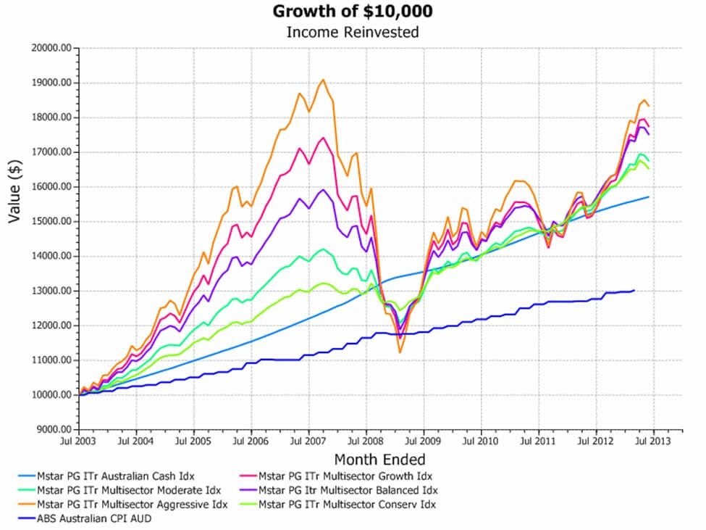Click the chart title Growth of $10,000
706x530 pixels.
coord(353,12)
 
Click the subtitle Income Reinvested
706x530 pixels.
coord(353,32)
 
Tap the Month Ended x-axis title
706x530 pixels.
coord(379,460)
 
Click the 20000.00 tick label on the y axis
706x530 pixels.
coord(51,48)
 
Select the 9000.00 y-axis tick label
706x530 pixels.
coord(53,430)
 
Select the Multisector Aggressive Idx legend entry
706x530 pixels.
coord(119,505)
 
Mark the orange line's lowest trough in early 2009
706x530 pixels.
coord(399,352)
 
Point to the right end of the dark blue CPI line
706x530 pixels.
coord(634,291)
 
